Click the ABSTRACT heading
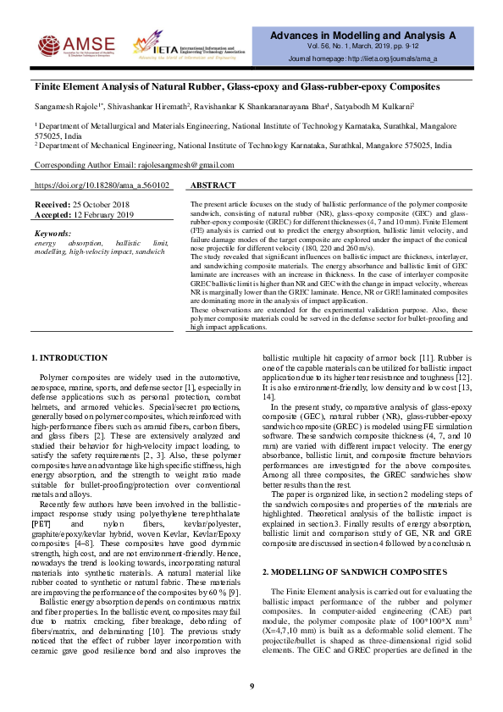point(213,185)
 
